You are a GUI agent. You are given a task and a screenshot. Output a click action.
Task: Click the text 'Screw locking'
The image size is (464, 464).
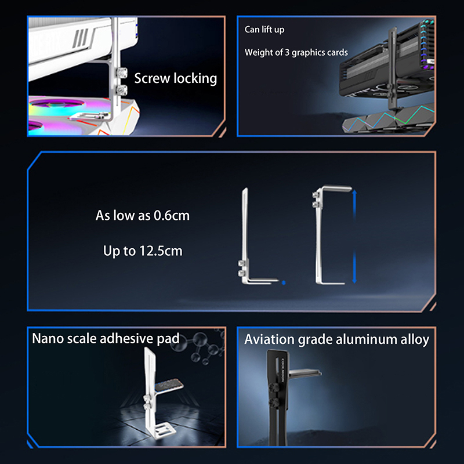click(176, 78)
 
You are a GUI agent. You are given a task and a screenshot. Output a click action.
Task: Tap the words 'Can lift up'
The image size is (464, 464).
click(264, 30)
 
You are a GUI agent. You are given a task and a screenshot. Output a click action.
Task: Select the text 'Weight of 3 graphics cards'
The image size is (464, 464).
click(296, 52)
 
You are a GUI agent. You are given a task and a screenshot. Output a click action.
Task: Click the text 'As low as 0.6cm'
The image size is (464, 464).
click(142, 215)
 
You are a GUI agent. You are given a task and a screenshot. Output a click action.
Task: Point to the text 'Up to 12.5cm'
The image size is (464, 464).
click(143, 251)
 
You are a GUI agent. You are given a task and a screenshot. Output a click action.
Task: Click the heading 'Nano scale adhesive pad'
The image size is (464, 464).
click(106, 339)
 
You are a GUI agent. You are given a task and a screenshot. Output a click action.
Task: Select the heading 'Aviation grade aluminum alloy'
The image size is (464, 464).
click(337, 339)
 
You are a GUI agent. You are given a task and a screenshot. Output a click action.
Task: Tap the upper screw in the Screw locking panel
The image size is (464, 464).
click(122, 72)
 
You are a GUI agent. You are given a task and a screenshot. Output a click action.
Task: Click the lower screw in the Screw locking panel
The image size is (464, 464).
click(122, 90)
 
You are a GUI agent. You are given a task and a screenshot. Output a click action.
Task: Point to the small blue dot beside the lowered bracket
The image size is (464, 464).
click(284, 282)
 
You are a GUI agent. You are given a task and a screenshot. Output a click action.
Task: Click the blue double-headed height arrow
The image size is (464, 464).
click(354, 237)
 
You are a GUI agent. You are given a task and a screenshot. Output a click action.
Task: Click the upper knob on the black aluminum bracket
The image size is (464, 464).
click(273, 387)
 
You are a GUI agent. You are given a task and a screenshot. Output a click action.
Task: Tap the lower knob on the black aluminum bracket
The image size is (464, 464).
click(274, 403)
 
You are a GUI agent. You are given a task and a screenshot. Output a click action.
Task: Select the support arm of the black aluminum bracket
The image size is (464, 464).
click(305, 372)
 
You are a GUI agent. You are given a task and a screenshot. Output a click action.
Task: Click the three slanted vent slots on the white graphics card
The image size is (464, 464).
click(81, 38)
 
